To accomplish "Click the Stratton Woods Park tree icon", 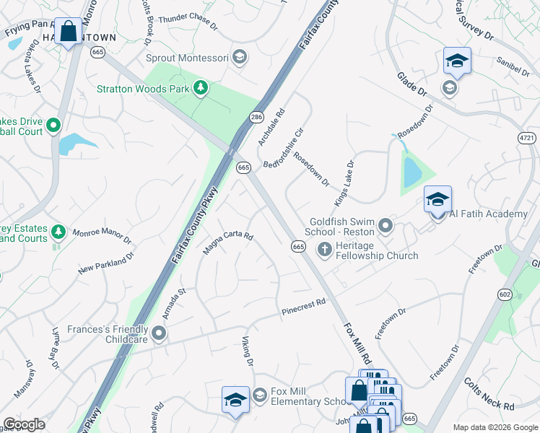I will [x=201, y=89].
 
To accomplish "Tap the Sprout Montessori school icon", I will [x=240, y=57].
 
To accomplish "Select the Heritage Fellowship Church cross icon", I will [x=325, y=249].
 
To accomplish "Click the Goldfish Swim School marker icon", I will [x=386, y=227].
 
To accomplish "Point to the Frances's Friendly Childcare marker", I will [x=159, y=333].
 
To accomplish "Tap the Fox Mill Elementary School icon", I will [x=259, y=395].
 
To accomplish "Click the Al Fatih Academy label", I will [x=488, y=214].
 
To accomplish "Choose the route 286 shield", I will [x=256, y=117].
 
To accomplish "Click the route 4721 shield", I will [x=526, y=137].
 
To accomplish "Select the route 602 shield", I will [x=505, y=294].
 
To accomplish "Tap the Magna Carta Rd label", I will [x=228, y=242].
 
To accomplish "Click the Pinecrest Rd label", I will [x=303, y=307].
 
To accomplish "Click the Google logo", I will [x=25, y=424].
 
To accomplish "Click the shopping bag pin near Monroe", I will [x=69, y=31].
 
